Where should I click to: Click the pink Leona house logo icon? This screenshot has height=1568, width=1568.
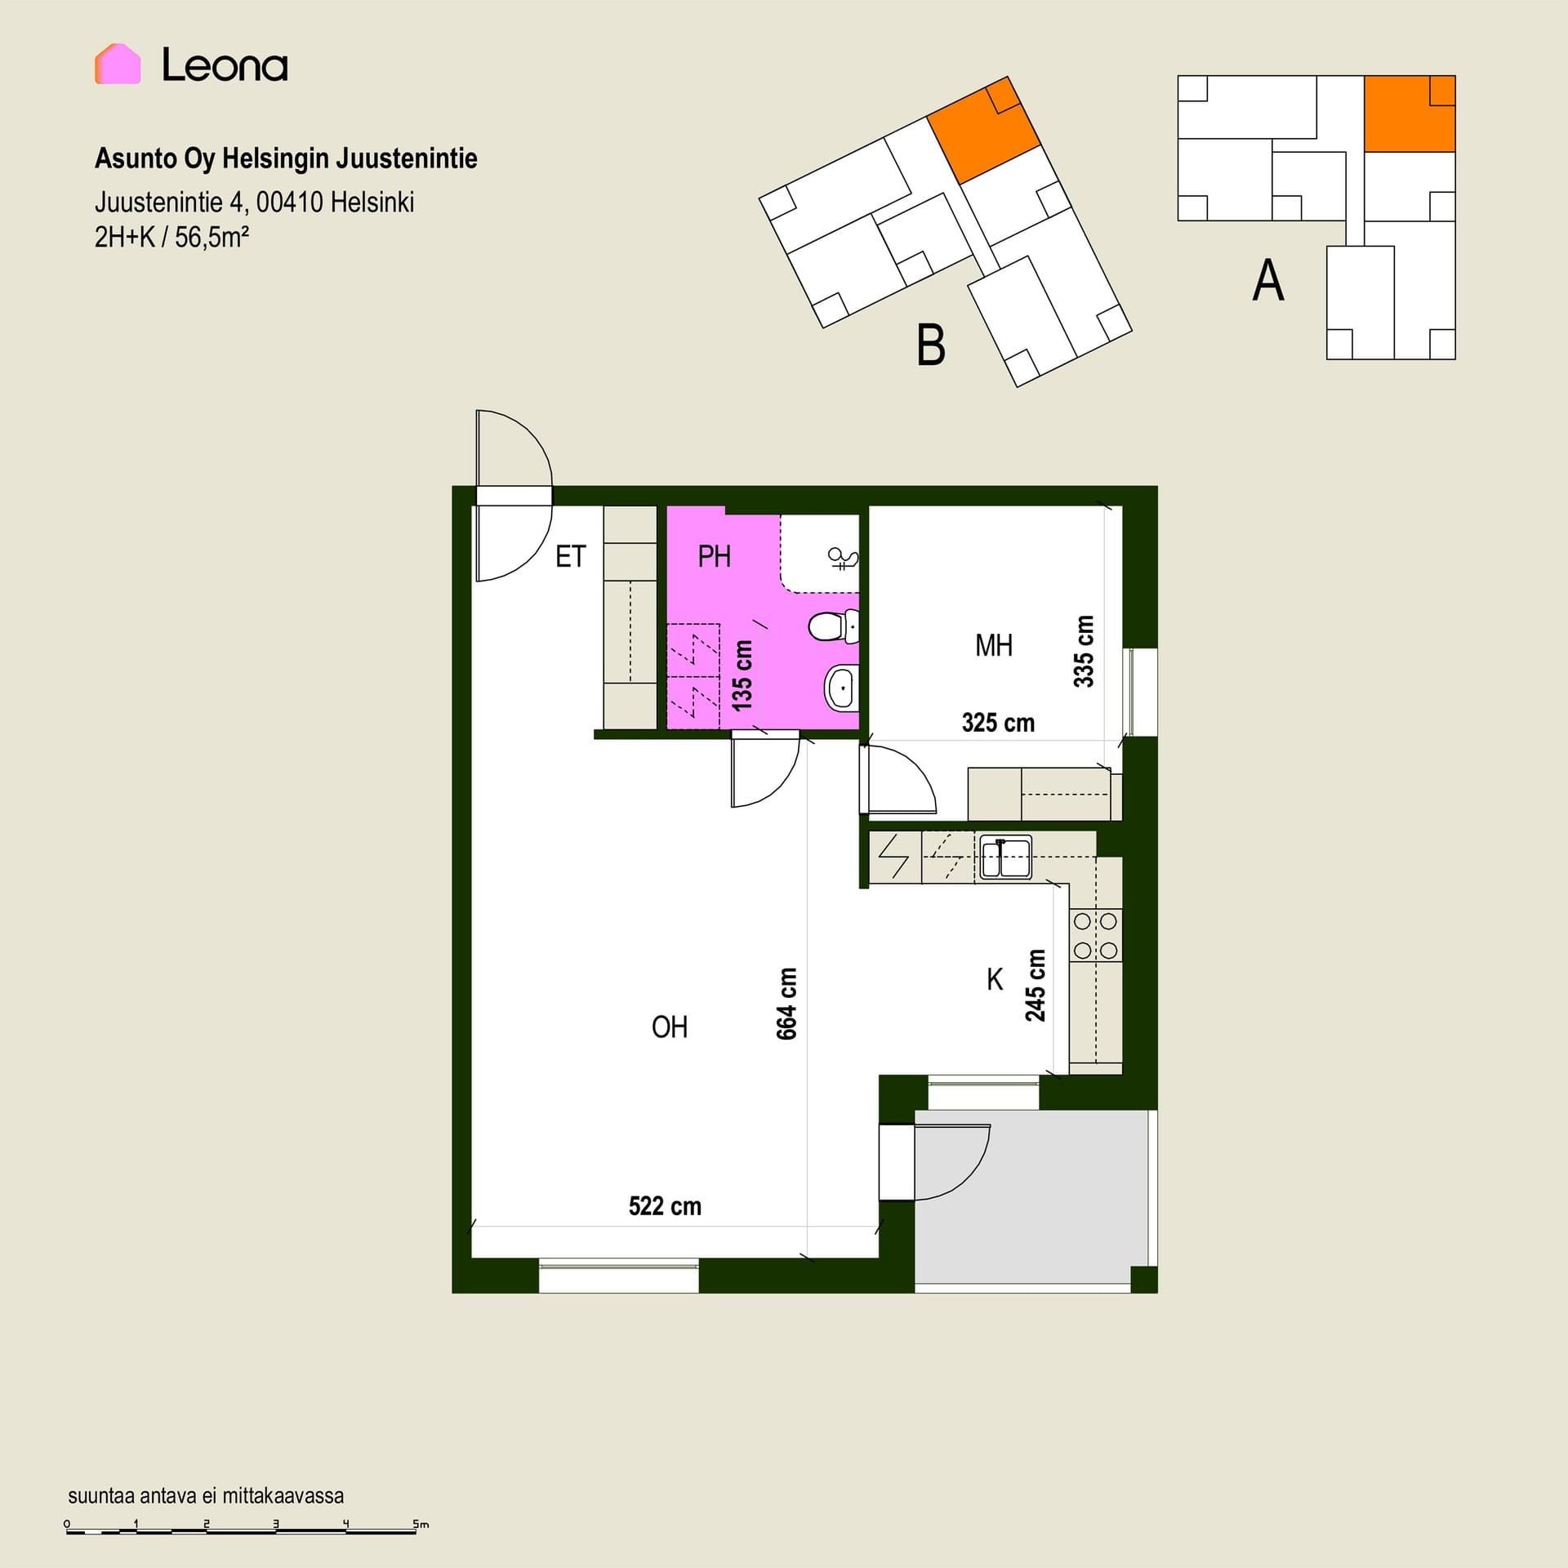[118, 64]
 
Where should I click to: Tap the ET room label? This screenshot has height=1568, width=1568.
[570, 557]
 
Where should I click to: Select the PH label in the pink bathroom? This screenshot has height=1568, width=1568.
[714, 557]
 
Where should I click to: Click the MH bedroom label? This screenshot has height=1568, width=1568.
[994, 646]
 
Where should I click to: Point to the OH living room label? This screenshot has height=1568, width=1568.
[670, 1027]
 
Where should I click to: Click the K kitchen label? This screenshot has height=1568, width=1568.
[995, 980]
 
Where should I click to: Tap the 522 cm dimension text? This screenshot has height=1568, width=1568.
[665, 1206]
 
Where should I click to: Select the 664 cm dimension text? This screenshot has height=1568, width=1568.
[786, 1004]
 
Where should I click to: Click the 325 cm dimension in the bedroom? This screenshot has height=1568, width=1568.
[998, 723]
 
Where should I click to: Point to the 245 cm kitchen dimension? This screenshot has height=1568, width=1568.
[1036, 986]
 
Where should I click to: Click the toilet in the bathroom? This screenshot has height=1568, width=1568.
[834, 626]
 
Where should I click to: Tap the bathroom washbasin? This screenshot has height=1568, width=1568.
[840, 688]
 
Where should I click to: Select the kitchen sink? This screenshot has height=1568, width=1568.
[1005, 857]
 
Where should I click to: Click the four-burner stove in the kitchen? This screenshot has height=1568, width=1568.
[1096, 936]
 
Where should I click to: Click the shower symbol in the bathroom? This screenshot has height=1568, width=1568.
[843, 559]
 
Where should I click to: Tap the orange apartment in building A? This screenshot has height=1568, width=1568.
[1410, 114]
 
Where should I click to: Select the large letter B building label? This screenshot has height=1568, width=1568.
[931, 345]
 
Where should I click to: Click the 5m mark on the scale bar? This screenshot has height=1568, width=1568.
[421, 1525]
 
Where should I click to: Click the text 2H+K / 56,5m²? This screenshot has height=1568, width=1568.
[171, 237]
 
